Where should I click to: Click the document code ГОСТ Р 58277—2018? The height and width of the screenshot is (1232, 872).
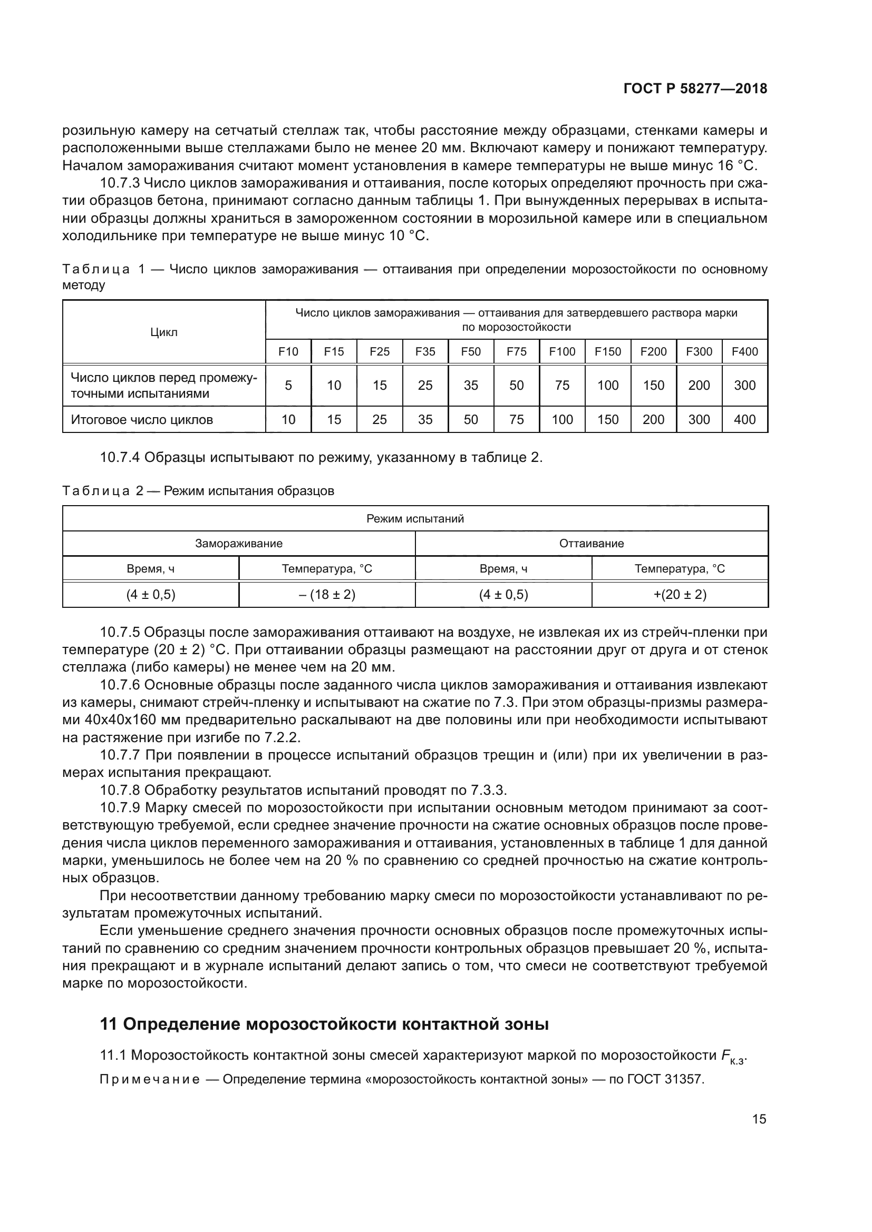695,89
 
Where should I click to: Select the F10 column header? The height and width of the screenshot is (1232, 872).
288,351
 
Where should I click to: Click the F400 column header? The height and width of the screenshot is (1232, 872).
745,351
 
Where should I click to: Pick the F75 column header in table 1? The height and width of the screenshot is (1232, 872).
517,351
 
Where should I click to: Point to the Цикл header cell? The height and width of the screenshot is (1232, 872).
164,332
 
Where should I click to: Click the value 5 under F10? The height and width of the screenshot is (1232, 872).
288,385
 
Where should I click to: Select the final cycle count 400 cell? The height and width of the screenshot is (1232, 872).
745,420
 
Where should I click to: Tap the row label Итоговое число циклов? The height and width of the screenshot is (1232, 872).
142,420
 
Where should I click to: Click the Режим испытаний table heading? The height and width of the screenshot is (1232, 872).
415,518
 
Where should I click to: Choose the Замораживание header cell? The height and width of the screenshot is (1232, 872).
238,543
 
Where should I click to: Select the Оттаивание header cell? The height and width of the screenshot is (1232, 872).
591,543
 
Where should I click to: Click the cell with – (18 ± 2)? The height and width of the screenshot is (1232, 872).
327,595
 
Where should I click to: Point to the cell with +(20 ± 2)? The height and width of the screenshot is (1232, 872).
680,595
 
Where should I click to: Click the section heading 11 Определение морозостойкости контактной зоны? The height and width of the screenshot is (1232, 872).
324,1024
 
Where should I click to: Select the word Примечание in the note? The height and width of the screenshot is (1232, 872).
150,1079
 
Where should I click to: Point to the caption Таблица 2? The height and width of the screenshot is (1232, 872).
103,491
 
